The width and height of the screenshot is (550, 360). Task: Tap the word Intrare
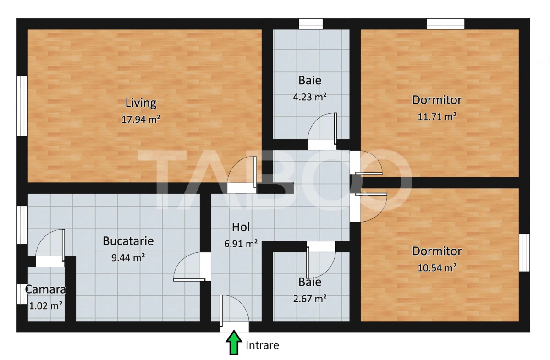[262, 345]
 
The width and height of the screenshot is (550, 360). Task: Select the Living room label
[141, 103]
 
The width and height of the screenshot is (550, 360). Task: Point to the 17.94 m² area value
[141, 120]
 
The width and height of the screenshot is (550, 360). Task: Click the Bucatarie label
[128, 240]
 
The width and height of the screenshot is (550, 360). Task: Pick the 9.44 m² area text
[128, 257]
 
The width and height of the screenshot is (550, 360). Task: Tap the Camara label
[45, 289]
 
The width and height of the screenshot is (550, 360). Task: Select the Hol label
[241, 227]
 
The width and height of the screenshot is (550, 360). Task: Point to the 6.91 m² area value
[241, 244]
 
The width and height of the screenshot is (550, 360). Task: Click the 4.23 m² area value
[309, 97]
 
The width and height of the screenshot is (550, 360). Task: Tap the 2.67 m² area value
[309, 299]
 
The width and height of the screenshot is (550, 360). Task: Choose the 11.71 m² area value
[437, 116]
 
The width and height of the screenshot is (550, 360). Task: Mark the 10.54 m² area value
[437, 268]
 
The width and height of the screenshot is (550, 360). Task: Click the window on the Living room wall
[22, 105]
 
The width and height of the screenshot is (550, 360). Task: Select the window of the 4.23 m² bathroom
[311, 24]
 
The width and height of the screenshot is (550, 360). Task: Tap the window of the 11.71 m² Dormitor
[445, 24]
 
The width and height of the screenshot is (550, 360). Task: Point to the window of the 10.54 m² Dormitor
[524, 252]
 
